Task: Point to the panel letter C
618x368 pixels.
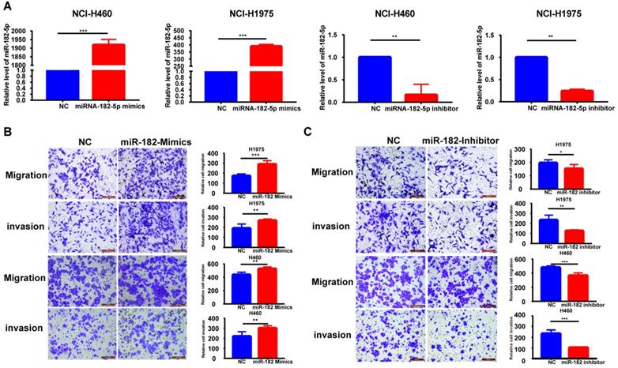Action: (x=319, y=128)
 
